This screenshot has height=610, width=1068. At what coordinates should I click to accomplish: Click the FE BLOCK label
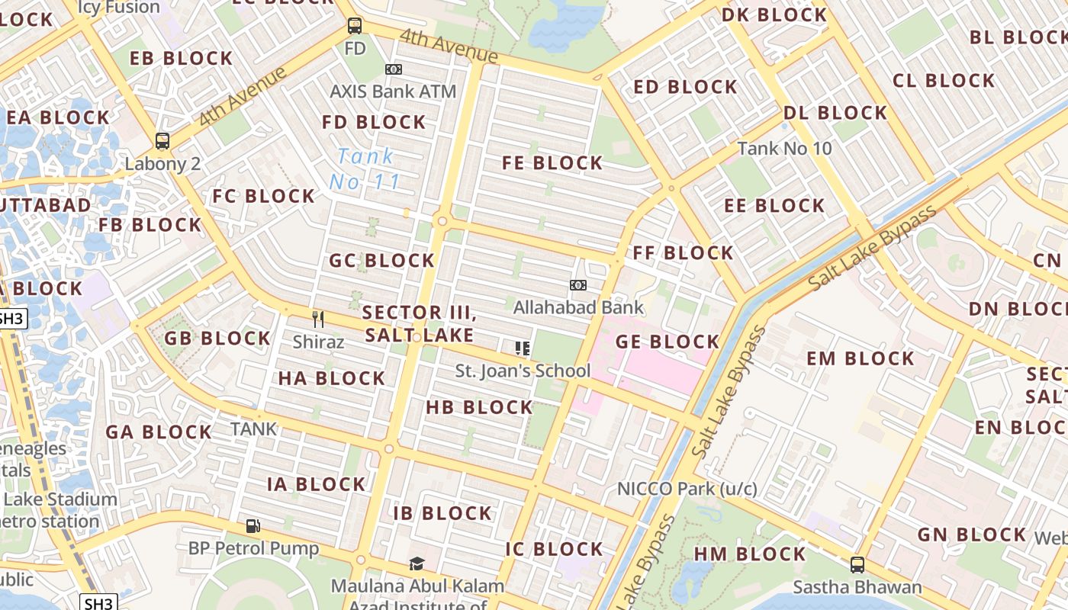[552, 163]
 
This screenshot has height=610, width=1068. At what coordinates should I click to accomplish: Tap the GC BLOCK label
[381, 261]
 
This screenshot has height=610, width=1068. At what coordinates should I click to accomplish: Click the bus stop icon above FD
[355, 25]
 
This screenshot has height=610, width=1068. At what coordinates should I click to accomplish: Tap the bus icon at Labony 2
[162, 140]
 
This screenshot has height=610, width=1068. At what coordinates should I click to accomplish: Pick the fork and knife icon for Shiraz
[318, 319]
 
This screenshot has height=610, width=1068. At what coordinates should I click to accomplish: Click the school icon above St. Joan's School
[523, 348]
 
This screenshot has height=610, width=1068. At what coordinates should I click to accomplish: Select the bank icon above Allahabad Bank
[578, 285]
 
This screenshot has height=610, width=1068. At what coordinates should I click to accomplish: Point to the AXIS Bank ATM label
[393, 91]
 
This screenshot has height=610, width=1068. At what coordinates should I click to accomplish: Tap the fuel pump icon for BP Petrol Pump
[253, 525]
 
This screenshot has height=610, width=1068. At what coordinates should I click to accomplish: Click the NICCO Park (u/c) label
[687, 489]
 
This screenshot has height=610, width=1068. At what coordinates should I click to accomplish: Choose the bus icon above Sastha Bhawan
[857, 565]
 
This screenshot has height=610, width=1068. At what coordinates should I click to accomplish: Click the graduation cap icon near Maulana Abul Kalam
[417, 563]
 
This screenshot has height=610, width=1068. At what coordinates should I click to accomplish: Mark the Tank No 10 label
[784, 148]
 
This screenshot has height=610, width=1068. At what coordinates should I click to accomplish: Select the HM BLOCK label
[749, 554]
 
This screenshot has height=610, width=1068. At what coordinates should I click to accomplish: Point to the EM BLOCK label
[860, 358]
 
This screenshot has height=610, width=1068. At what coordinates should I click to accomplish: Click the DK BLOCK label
[774, 14]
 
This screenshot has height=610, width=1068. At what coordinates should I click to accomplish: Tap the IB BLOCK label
[442, 513]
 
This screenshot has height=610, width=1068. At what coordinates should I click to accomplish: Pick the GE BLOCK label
[667, 342]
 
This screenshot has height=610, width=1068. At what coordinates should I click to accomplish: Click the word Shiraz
[318, 342]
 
